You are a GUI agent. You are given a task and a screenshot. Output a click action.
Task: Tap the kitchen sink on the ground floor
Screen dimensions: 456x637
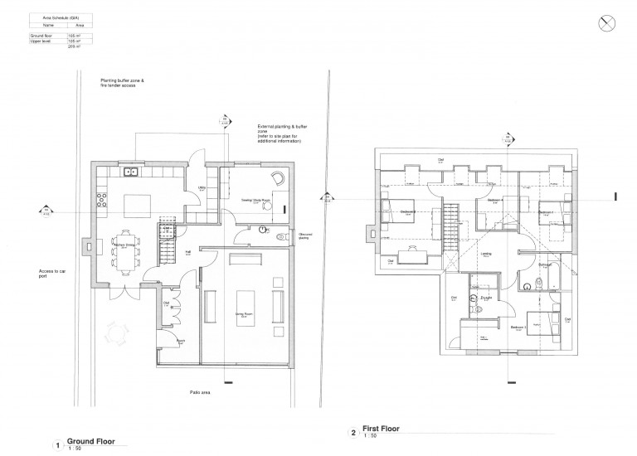[x=130, y=172]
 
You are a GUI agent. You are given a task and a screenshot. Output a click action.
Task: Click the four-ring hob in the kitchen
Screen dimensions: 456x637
[x=104, y=199]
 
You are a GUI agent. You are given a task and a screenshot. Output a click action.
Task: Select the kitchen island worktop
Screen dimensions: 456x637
[x=136, y=204]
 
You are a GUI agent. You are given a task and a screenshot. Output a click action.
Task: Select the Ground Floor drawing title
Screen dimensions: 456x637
[x=90, y=441]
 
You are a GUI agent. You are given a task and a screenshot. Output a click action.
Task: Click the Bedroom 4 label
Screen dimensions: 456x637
[x=495, y=201]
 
